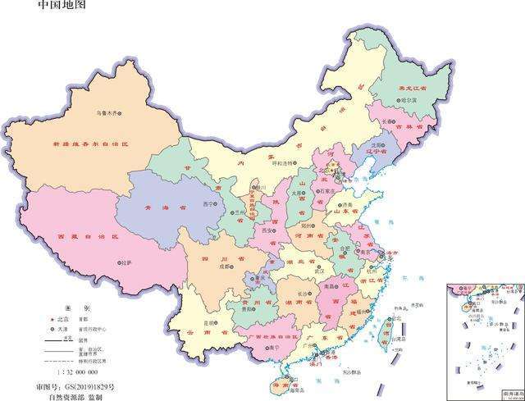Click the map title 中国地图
[62, 6]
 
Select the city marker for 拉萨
[117, 263]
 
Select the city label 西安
[265, 230]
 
